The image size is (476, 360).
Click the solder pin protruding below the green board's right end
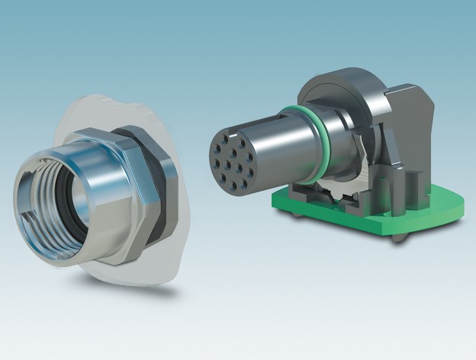(x=399, y=238)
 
